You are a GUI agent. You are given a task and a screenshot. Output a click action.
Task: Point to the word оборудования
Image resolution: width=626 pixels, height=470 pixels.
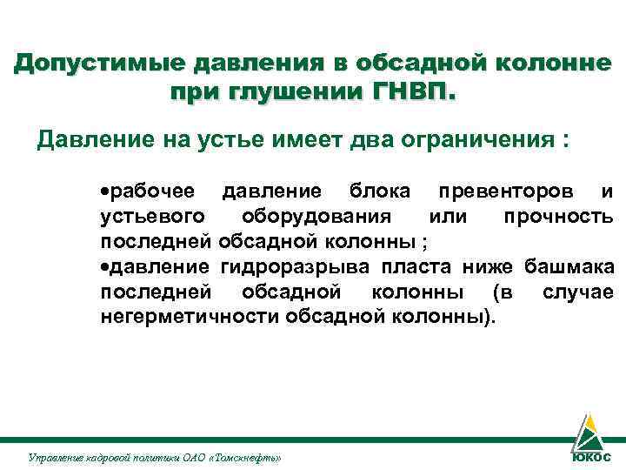[316, 216]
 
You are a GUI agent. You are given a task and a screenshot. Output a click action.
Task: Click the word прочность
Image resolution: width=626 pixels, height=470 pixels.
[558, 216]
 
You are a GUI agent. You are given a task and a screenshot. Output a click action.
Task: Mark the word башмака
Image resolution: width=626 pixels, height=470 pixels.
[569, 266]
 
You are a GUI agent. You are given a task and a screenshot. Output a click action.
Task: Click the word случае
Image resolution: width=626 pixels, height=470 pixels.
[577, 292]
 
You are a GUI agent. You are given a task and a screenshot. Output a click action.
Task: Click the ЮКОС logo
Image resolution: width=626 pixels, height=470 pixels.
[589, 442]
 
